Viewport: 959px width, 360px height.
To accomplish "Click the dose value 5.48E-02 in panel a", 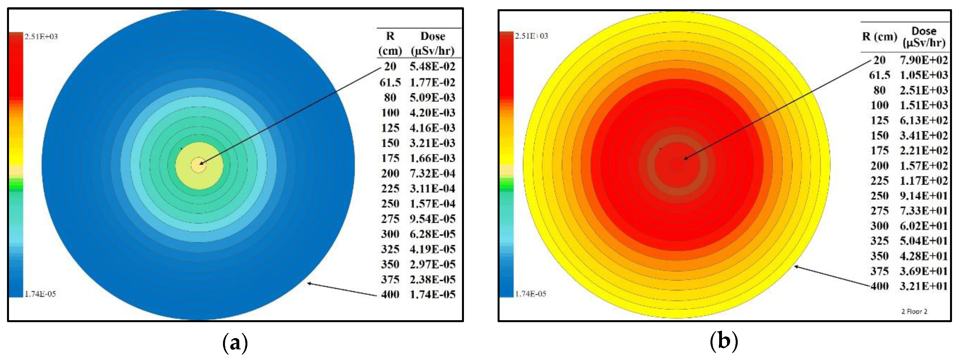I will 432,67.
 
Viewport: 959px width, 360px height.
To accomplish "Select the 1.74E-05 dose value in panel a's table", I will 432,294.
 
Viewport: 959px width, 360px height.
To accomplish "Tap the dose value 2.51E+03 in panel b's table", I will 924,90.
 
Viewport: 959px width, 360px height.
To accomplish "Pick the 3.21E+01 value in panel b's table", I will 924,286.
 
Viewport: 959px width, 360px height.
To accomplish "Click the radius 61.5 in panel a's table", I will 390,82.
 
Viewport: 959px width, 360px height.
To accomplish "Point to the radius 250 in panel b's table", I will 879,196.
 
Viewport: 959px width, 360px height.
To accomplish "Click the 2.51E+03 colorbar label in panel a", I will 41,36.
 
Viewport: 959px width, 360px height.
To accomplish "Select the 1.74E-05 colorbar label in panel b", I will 530,294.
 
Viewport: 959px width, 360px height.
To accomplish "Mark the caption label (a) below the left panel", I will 235,342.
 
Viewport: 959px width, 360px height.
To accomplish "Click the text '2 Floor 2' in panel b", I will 914,311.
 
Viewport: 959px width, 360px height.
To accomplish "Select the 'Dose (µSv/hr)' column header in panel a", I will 432,43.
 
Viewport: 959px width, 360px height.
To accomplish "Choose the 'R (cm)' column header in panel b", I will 879,36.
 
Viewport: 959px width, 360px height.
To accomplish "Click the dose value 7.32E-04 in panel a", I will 432,174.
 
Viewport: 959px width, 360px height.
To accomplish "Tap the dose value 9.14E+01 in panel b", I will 924,196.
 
